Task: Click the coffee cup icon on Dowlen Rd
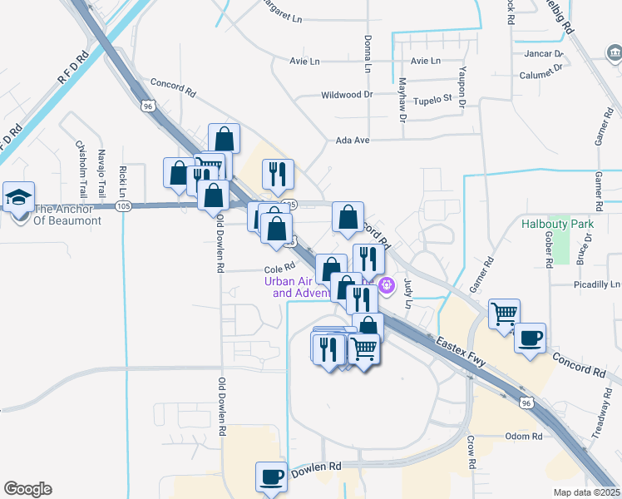point(271,477)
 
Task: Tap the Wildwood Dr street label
point(347,96)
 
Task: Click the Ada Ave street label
point(352,141)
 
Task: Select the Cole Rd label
point(280,269)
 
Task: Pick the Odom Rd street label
point(523,437)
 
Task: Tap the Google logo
point(27,489)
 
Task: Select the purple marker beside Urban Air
point(387,286)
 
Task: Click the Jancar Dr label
point(544,53)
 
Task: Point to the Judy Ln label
point(408,294)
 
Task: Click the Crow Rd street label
point(471,449)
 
